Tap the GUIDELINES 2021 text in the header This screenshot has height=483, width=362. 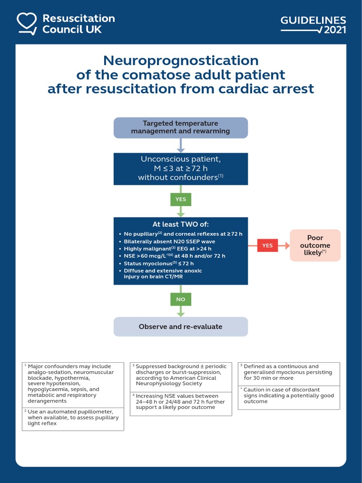pos(313,25)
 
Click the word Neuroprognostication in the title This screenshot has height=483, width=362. pos(181,61)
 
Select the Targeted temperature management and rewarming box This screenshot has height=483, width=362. pos(181,127)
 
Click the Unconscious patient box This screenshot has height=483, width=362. pos(181,168)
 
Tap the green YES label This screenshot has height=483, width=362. pos(181,199)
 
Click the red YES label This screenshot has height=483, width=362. pos(267,245)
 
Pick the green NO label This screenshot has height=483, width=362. pos(181,299)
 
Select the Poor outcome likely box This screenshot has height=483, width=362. pos(315,245)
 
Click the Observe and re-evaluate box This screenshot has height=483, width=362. pos(181,326)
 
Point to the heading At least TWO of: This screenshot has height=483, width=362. pos(181,224)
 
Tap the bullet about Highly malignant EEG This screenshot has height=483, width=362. pos(167,249)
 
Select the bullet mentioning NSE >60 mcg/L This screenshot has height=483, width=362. pos(174,256)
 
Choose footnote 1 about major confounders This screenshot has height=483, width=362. pos(73,383)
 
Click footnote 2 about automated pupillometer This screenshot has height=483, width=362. pos(73,417)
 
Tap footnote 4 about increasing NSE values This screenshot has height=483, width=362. pos(181,401)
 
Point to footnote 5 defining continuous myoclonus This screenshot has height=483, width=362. pos(288,372)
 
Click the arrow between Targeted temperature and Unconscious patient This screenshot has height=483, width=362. pos(181,145)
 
